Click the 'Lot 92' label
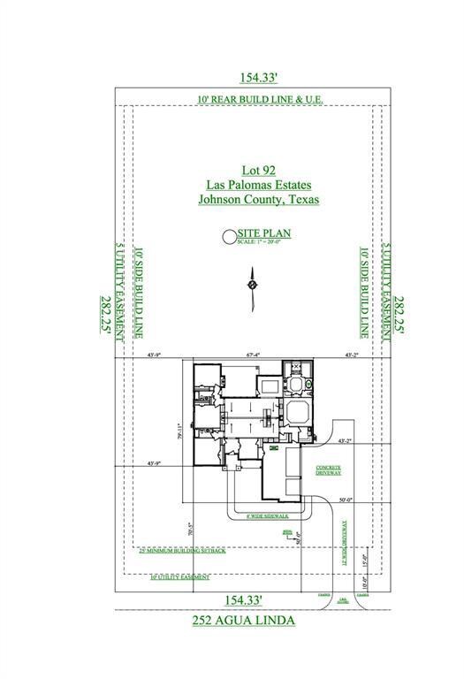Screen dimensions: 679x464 tap(258, 170)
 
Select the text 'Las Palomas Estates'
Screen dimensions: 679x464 tap(258, 185)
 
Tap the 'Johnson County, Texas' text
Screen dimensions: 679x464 tap(258, 200)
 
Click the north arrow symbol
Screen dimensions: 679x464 tap(252, 286)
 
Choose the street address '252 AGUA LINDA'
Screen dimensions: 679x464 tap(244, 621)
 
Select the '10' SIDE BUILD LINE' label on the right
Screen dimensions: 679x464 tap(363, 293)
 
